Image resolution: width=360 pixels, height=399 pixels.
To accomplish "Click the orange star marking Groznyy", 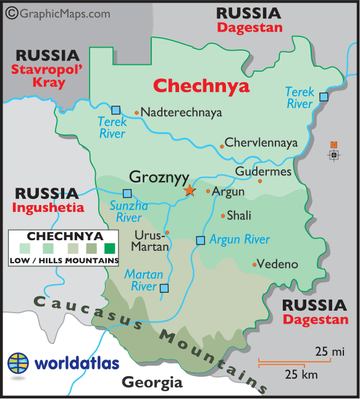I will (x=189, y=190).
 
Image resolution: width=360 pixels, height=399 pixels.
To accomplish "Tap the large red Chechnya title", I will (x=201, y=85).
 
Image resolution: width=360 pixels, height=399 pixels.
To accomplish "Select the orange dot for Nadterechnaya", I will (x=136, y=112).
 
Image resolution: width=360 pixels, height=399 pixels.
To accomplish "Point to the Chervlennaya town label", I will (x=261, y=143).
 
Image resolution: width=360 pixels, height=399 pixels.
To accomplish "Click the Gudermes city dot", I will (x=260, y=181).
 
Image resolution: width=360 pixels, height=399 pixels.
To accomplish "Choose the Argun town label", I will (x=228, y=192).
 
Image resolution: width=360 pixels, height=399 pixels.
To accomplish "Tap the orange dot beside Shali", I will (x=223, y=216).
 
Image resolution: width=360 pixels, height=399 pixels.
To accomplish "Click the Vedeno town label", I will (x=277, y=264).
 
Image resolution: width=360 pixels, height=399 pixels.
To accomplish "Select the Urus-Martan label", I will (x=150, y=241).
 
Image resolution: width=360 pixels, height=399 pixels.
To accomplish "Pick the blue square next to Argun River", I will (x=200, y=240).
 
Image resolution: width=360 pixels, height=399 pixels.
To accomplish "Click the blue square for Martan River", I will (x=164, y=288).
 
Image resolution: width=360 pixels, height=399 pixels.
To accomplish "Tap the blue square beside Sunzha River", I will (x=127, y=193).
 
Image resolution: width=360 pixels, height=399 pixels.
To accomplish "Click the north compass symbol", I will (x=334, y=153).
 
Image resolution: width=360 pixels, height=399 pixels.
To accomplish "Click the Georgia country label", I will (x=152, y=382).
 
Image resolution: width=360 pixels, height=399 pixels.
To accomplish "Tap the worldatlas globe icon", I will (x=19, y=363).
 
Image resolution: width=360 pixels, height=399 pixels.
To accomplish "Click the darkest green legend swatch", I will (x=110, y=249).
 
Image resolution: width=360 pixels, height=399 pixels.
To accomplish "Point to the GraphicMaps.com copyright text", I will (x=58, y=12).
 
